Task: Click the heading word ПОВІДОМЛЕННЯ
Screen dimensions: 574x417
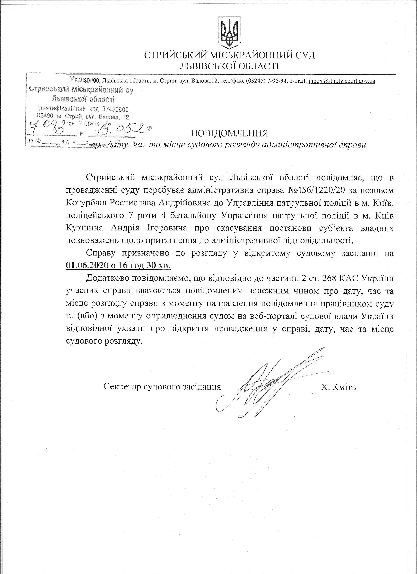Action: (229, 133)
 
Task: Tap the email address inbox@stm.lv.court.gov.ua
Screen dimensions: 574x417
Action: (342, 81)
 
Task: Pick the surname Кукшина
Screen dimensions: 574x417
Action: (85, 228)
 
